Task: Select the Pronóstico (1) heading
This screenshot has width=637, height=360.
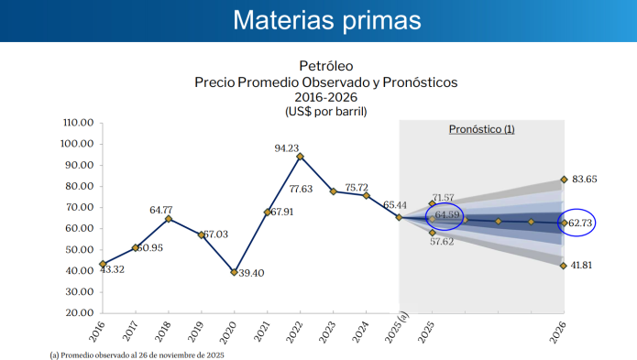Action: click(x=481, y=129)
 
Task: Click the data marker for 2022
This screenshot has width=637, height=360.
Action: click(x=300, y=157)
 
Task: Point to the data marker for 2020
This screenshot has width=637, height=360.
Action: click(x=235, y=272)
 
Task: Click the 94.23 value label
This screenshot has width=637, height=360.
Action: click(x=287, y=147)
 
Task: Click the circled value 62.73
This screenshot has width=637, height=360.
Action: click(x=580, y=223)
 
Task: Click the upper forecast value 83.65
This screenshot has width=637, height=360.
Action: click(x=588, y=180)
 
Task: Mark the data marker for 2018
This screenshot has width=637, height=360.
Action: click(x=169, y=219)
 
